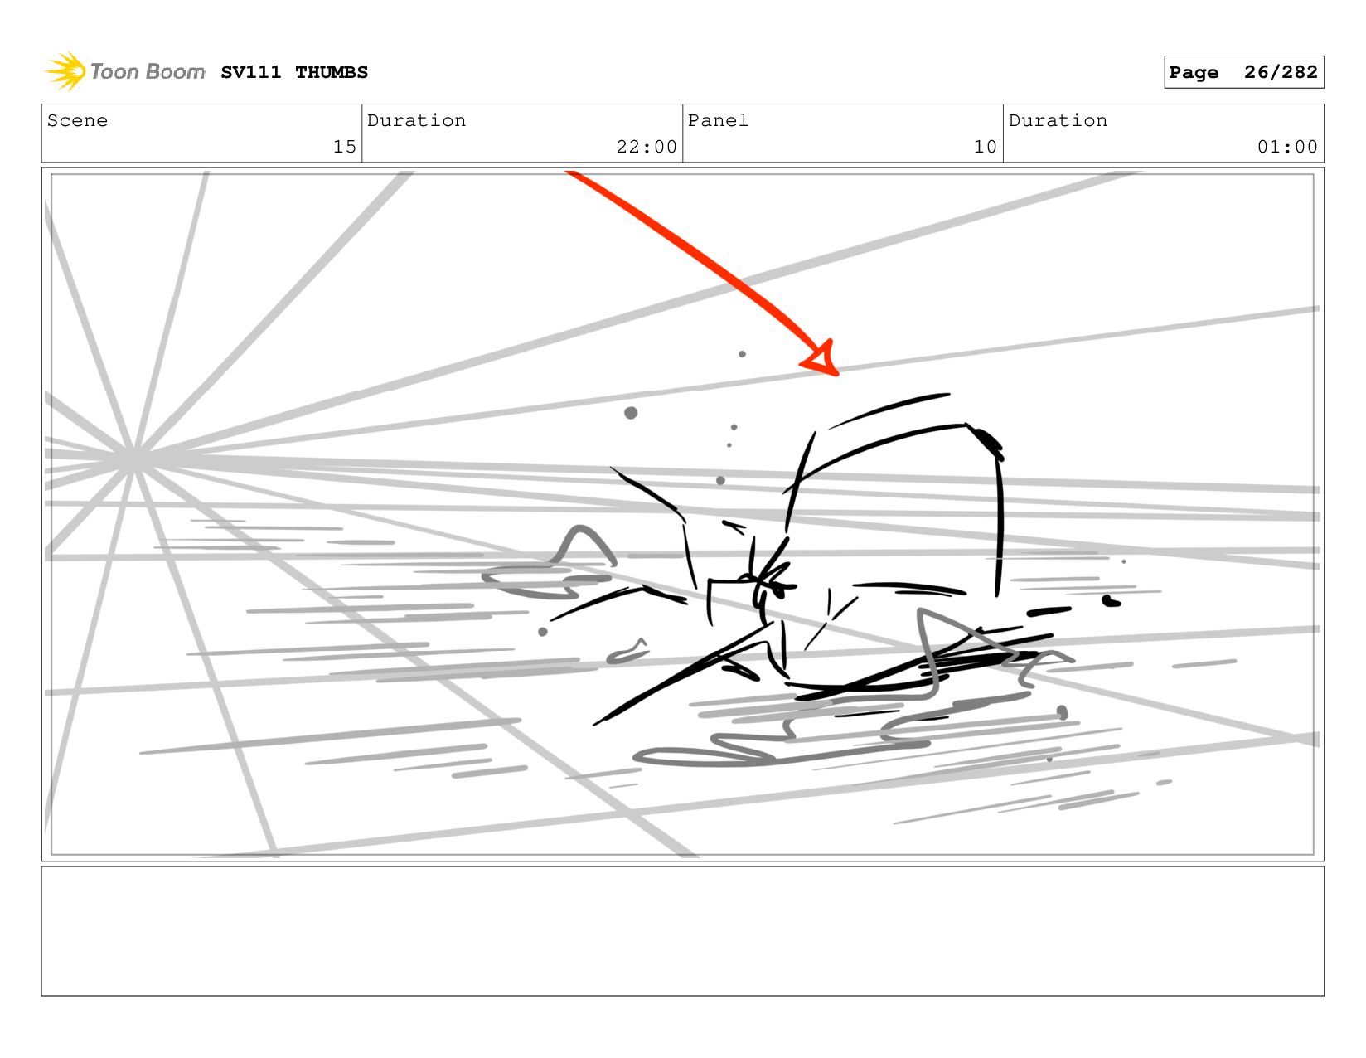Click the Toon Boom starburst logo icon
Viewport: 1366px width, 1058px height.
pos(65,71)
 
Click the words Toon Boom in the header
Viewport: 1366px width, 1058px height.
pos(148,71)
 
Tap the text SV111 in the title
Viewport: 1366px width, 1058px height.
pos(251,72)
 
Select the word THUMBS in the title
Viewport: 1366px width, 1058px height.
pos(332,72)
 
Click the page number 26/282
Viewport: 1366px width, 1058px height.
pos(1281,72)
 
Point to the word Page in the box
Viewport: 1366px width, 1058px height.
pos(1194,73)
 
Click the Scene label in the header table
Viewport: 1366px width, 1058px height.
pos(77,120)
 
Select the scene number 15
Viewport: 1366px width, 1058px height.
pos(345,147)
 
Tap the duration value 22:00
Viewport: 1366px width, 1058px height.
pos(647,147)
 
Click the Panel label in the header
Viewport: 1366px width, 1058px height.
pos(718,120)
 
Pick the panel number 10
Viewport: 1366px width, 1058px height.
pos(985,147)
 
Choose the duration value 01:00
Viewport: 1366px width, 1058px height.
pos(1286,147)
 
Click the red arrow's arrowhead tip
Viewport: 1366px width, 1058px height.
pos(837,375)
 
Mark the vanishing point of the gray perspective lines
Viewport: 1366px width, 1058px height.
pos(132,459)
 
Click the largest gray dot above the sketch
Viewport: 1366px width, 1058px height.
pos(631,413)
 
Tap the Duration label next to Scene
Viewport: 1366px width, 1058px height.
pos(416,120)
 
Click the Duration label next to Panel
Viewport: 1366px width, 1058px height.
pos(1058,120)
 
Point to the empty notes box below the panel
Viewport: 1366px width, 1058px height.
pos(683,931)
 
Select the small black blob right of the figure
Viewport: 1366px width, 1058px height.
pos(1111,602)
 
